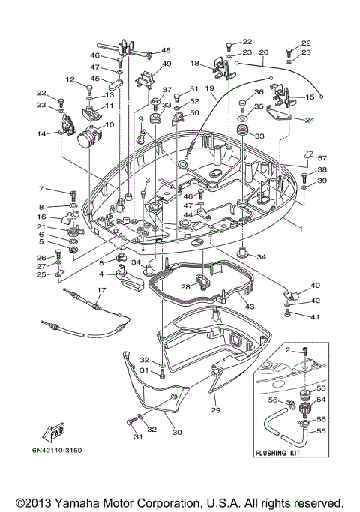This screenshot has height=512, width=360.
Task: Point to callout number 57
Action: [x=322, y=158]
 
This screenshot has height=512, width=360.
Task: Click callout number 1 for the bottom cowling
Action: [x=301, y=228]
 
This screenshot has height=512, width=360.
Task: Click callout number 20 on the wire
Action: [x=263, y=53]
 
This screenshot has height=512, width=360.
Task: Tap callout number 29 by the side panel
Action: [x=215, y=410]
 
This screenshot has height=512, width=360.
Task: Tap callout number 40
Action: [x=315, y=285]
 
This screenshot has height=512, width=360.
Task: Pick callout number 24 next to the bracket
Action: [x=309, y=119]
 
